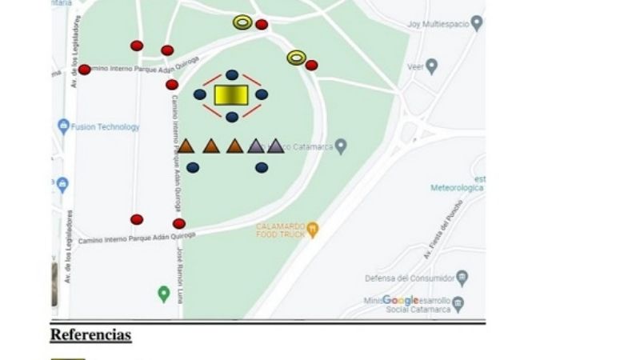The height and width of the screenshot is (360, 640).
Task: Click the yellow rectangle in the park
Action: coord(231,95)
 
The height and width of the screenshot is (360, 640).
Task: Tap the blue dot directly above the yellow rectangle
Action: coord(232,74)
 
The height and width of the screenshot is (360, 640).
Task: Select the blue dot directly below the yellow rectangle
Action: coord(232,117)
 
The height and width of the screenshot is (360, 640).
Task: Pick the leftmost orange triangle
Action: coord(186,146)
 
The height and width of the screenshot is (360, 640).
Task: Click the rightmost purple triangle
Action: coord(275,146)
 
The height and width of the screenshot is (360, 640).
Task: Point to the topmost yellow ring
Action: coord(242,22)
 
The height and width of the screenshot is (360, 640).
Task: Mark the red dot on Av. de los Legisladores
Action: coord(84,70)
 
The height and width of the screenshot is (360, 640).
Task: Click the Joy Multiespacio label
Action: coord(437,25)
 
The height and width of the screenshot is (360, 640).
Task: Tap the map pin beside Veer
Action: coord(432,66)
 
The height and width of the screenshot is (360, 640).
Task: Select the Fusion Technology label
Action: coord(105,126)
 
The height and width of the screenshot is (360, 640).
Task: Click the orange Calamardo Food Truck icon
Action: coord(313,229)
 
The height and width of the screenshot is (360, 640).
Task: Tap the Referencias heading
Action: coord(90,334)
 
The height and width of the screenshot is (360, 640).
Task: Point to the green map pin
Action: coord(164,294)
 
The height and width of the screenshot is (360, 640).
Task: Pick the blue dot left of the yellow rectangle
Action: coord(200,94)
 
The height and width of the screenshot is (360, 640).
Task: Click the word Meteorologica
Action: coord(457,188)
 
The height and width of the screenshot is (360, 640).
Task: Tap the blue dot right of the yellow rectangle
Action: coord(262,94)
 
